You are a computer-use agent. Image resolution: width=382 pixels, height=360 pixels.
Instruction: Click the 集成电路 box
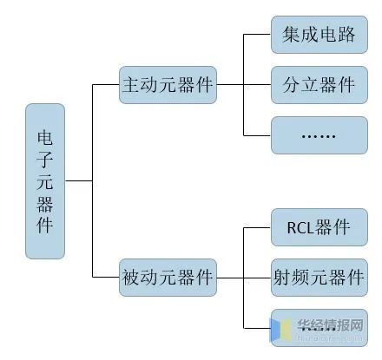319,35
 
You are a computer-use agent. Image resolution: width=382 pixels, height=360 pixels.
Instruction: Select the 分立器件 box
319,85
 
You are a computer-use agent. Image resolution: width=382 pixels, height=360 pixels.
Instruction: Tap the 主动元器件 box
168,85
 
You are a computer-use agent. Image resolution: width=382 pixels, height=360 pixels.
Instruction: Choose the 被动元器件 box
168,278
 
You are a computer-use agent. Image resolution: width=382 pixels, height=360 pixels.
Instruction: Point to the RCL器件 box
319,227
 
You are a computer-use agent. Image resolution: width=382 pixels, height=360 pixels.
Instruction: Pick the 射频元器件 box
319,278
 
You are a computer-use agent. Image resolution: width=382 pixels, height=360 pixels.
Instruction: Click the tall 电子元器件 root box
45,181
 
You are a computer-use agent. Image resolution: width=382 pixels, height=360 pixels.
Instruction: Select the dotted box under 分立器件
319,135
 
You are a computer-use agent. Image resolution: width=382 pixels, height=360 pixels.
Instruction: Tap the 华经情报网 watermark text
330,325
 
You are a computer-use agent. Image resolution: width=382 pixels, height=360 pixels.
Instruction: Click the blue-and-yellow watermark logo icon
280,330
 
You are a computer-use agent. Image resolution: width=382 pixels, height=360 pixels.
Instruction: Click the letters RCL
300,228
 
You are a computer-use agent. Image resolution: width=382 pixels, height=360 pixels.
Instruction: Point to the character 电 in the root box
45,138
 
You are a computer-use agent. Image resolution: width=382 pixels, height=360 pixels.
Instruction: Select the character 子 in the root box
45,160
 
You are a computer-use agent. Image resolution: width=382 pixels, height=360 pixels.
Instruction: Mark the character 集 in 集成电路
292,35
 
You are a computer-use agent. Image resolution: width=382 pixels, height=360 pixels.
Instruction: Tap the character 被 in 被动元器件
131,278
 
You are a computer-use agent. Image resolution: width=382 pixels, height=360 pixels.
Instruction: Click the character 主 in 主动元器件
131,85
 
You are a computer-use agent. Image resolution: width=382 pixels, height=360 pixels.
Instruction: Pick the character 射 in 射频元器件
282,278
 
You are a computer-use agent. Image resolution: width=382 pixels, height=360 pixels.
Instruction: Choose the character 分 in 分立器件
292,85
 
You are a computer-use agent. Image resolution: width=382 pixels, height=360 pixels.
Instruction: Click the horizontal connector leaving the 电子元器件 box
79,181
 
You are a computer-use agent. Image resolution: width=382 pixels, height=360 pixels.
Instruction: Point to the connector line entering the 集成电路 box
257,35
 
